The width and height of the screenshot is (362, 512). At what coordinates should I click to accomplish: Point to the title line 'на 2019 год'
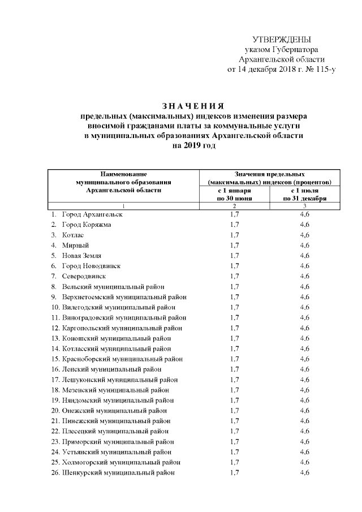pyautogui.click(x=193, y=145)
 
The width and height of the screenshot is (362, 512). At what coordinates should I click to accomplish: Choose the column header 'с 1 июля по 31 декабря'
pyautogui.click(x=305, y=195)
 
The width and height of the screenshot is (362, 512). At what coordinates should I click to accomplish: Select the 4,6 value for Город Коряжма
pyautogui.click(x=305, y=225)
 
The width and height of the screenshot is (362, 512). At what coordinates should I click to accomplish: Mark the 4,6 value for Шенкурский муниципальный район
pyautogui.click(x=305, y=472)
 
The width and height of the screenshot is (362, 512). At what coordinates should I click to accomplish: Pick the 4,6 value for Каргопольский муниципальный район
pyautogui.click(x=305, y=328)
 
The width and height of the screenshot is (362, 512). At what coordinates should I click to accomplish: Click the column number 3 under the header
pyautogui.click(x=305, y=206)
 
